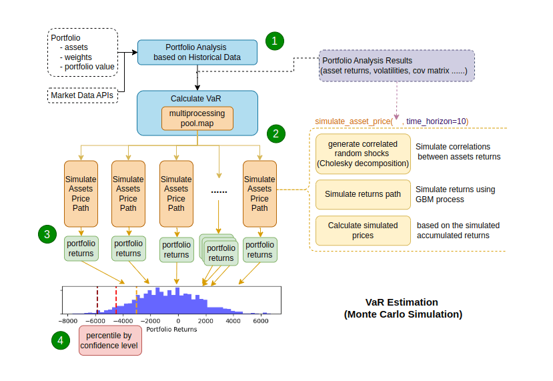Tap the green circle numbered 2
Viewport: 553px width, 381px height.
[274, 133]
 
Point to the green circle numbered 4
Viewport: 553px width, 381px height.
[61, 340]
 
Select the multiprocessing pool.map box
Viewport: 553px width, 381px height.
[197, 119]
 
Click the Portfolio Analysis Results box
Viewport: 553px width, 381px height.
[396, 65]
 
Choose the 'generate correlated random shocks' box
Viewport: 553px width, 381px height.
[363, 153]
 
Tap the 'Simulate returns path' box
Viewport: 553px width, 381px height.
[363, 194]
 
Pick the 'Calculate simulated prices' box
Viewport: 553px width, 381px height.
[363, 230]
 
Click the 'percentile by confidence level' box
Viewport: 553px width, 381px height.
[110, 340]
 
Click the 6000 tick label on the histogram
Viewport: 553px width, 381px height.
[261, 321]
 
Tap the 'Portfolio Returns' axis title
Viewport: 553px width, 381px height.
[171, 329]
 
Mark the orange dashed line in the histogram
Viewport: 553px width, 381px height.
[137, 300]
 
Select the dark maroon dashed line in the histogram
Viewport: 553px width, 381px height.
[97, 300]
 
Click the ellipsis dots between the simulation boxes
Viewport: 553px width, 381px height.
[219, 192]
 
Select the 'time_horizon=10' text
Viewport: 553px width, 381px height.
[437, 120]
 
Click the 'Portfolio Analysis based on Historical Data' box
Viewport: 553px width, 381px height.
[197, 52]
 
